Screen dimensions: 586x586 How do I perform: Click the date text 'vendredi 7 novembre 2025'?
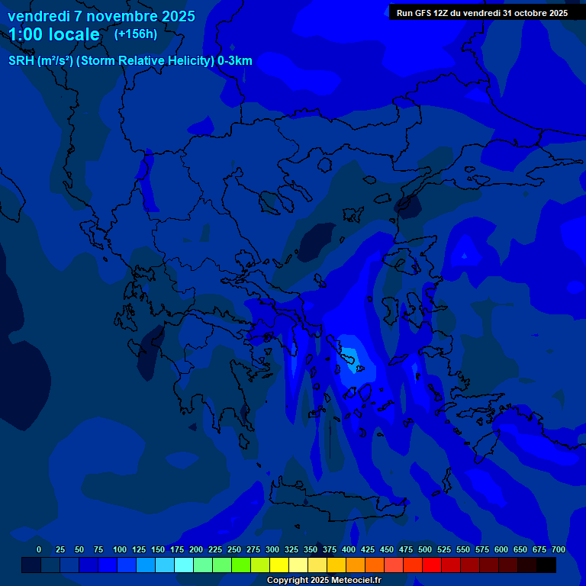pos(101,16)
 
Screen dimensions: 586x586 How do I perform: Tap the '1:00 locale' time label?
pos(54,34)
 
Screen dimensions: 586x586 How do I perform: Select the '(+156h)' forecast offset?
pos(136,34)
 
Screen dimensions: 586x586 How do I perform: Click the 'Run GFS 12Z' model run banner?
pos(481,12)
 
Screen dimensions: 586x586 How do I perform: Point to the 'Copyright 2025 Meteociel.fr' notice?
pos(324,580)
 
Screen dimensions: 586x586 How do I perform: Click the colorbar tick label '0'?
pos(39,549)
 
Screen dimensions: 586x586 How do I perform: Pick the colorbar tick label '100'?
pos(120,549)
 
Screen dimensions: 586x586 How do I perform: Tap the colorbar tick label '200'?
pos(196,549)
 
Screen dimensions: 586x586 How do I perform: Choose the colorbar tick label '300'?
pos(272,549)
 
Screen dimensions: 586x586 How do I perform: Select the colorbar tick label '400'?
pos(349,549)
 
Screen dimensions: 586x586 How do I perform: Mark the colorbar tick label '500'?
pos(425,549)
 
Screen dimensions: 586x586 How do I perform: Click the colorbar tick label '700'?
pos(559,549)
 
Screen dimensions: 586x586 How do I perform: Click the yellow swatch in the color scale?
pos(279,565)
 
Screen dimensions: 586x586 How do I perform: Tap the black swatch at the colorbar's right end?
pos(546,565)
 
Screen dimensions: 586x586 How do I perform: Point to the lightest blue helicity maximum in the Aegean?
pos(349,355)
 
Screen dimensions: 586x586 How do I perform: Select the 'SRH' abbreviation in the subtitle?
pos(21,61)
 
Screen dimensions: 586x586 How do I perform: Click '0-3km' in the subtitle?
pos(235,61)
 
